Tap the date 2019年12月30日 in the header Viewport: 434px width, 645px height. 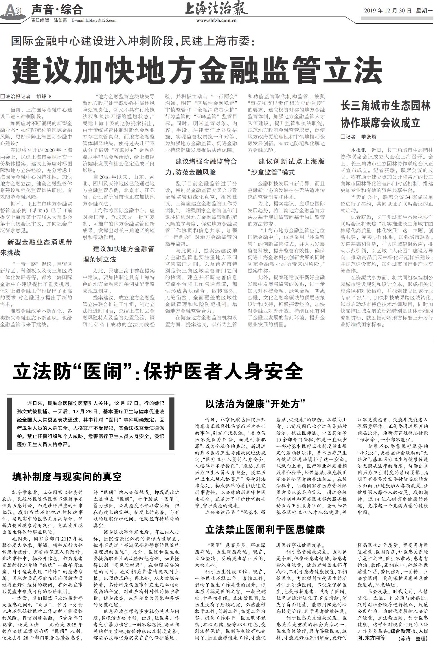tap(388, 11)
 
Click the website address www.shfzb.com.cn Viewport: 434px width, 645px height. tap(216, 21)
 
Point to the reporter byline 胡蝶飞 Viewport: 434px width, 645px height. tap(43, 97)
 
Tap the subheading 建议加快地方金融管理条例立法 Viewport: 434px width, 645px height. tap(119, 254)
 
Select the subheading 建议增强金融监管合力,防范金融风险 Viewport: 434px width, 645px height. tap(201, 167)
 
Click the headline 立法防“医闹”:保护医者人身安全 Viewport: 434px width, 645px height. tap(158, 372)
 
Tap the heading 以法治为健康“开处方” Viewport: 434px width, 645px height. tap(256, 404)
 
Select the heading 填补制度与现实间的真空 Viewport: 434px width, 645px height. tap(67, 477)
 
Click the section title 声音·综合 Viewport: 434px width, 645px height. tap(57, 10)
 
